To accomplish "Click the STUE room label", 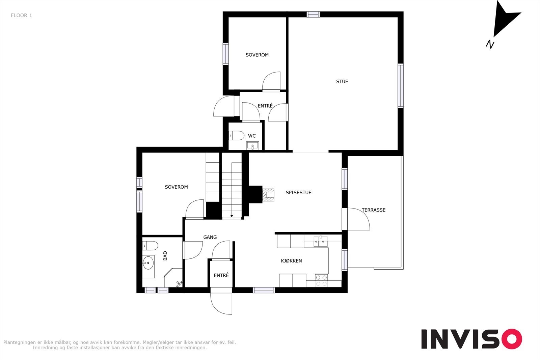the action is (342, 81).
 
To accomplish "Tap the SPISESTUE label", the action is (298, 193).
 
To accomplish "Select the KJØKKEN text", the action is (291, 261).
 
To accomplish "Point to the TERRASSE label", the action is (373, 210).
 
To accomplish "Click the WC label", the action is (252, 136).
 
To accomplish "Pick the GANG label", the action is (210, 237).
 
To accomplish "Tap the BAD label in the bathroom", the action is (165, 256).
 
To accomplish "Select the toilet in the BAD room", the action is (150, 246).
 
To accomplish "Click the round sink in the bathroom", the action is (148, 262).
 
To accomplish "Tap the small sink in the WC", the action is (252, 145).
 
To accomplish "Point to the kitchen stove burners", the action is (321, 280).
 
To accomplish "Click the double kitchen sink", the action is (321, 242).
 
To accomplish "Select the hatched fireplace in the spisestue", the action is (268, 195).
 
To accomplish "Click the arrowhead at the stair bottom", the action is (232, 216).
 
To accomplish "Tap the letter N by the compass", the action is (490, 44).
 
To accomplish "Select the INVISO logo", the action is (471, 339).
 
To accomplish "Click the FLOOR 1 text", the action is (21, 16).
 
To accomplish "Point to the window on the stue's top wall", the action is (313, 15).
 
